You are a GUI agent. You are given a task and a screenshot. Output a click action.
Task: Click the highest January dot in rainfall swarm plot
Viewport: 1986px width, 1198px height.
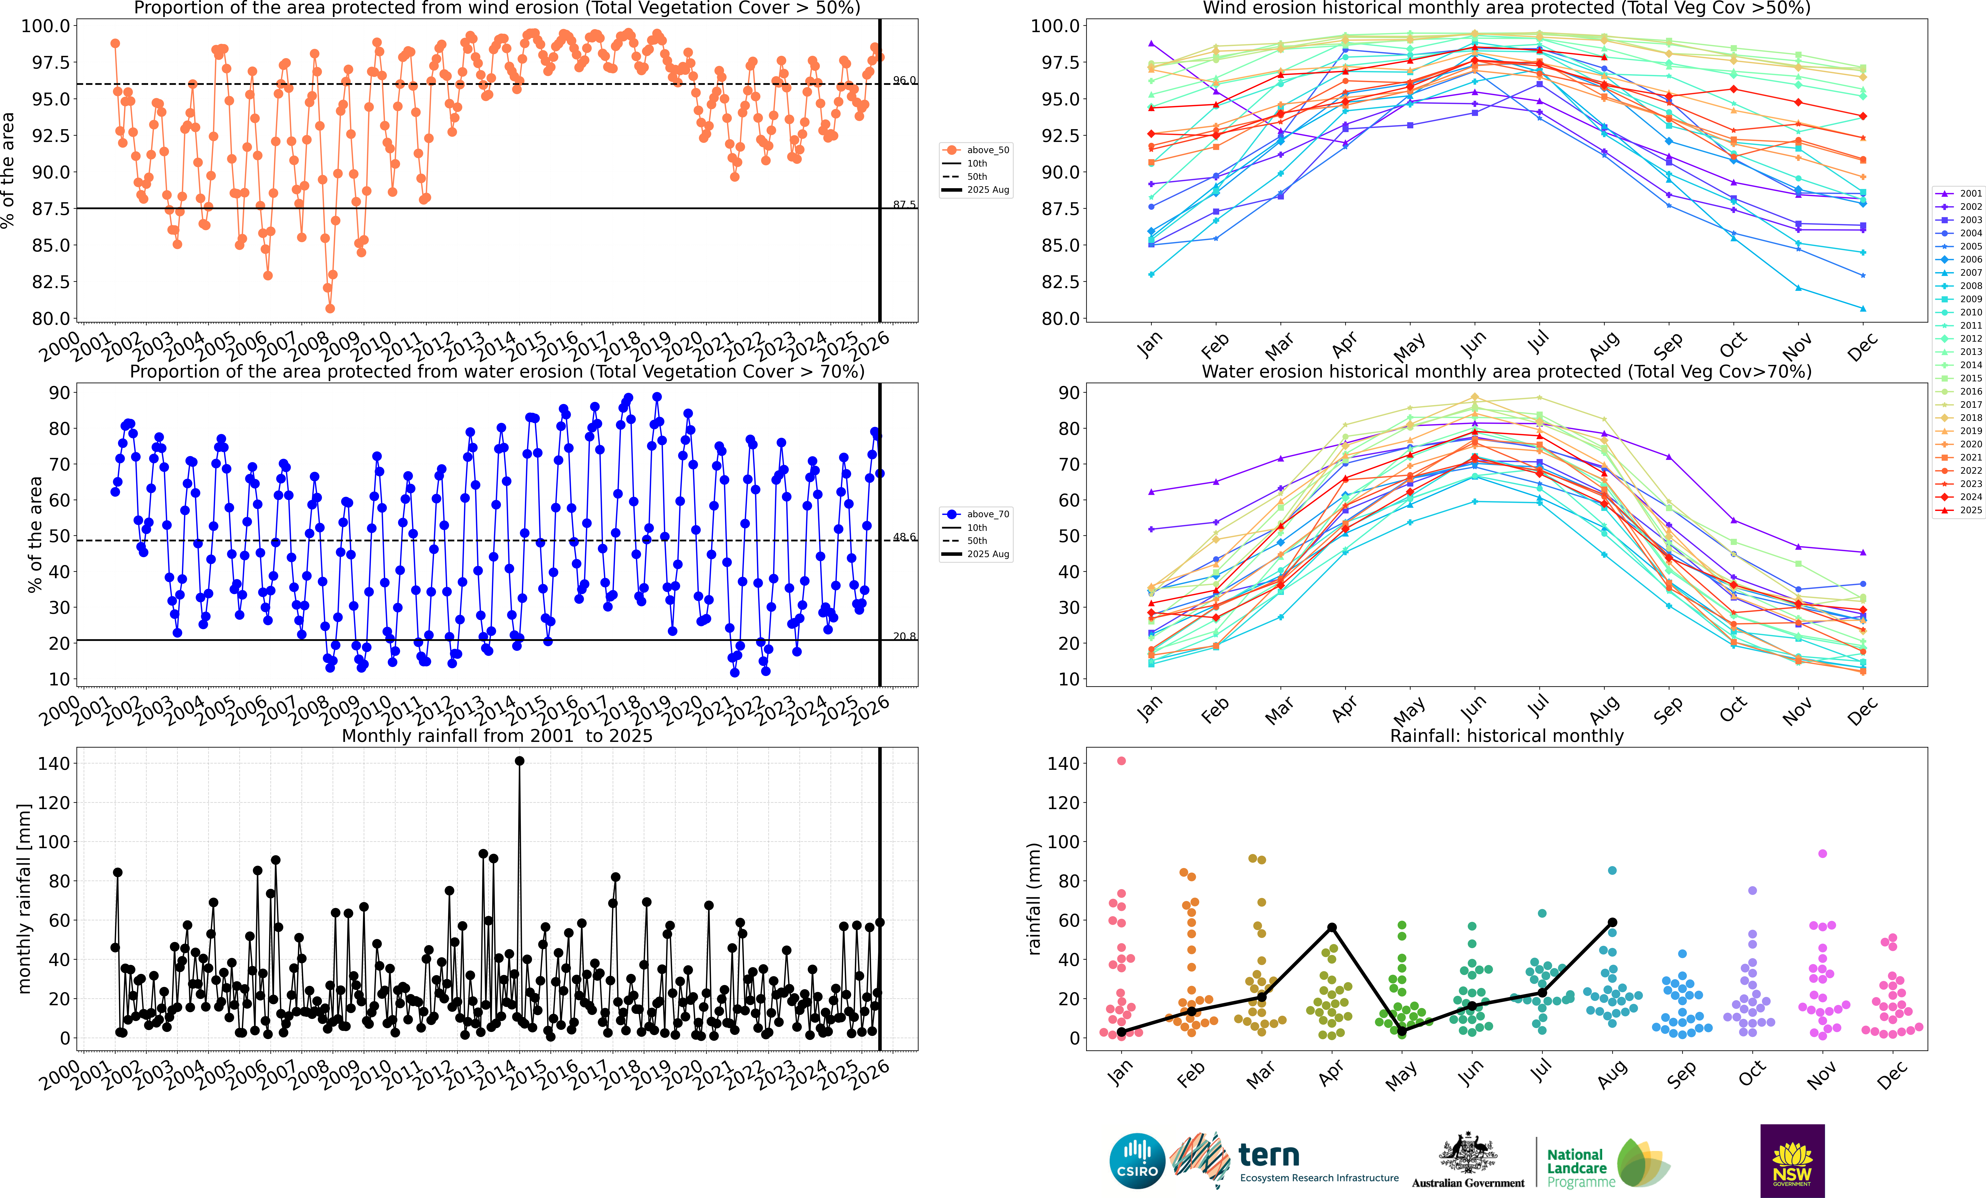click(x=1121, y=761)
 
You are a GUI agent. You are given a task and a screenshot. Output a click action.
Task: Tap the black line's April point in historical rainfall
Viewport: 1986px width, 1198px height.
click(x=1332, y=927)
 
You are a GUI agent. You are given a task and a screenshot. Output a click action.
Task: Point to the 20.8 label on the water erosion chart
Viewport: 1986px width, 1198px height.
click(x=904, y=636)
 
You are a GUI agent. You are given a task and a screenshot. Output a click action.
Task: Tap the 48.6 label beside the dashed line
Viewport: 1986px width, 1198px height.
click(x=904, y=537)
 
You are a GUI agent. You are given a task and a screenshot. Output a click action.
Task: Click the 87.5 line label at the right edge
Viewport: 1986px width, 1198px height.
click(x=904, y=205)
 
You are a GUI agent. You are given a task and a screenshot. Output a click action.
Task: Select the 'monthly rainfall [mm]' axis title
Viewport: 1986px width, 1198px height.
click(x=24, y=898)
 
